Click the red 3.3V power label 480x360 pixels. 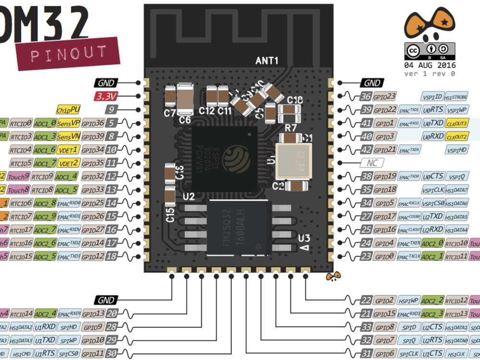107,96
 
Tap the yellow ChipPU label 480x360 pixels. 69,109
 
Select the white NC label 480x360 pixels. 372,163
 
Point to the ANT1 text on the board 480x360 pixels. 266,61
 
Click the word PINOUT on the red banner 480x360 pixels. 69,53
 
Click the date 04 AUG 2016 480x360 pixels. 430,65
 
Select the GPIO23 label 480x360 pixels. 384,96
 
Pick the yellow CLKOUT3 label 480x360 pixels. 456,123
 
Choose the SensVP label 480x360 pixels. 69,123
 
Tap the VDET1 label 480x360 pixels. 69,150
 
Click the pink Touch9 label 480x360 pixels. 19,177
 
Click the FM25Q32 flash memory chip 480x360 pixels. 238,227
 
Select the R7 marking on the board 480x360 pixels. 291,128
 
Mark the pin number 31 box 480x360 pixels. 367,354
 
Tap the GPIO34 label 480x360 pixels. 93,150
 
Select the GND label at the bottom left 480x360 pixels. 106,300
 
